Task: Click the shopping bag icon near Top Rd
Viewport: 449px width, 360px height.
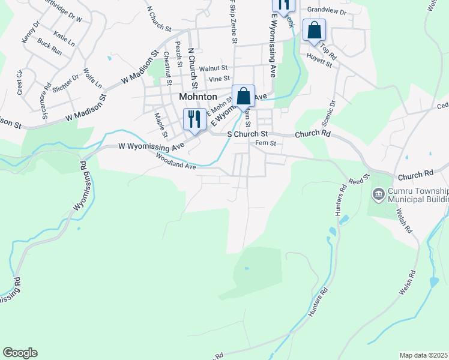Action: tap(314, 31)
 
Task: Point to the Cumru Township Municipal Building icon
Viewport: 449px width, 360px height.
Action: tap(379, 193)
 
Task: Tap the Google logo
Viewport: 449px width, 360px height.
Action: tap(20, 353)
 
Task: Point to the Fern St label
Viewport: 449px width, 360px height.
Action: tap(265, 143)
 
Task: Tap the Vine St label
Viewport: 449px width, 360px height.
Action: tap(218, 79)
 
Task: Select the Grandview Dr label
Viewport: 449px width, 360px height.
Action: tap(327, 11)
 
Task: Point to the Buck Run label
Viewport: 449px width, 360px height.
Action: tap(49, 47)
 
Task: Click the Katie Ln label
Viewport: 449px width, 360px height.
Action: tap(64, 40)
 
